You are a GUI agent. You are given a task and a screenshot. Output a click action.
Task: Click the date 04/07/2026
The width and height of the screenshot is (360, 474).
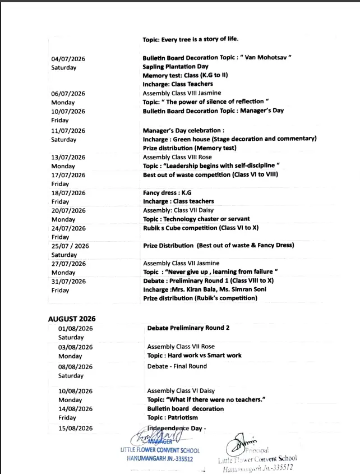(x=68, y=58)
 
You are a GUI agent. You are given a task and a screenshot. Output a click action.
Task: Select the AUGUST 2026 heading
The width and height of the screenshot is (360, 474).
(x=71, y=319)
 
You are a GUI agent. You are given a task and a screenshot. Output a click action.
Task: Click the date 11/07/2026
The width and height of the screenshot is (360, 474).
(x=68, y=131)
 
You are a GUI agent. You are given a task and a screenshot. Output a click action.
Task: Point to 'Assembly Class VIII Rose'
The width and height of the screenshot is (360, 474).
(x=177, y=158)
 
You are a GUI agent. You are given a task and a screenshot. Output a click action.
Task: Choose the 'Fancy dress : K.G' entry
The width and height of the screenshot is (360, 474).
(x=167, y=192)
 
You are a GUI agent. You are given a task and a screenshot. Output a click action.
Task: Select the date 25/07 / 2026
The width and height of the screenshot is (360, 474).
(x=70, y=246)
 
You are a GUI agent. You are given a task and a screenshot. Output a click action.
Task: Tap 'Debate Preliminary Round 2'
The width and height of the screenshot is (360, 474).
(x=188, y=328)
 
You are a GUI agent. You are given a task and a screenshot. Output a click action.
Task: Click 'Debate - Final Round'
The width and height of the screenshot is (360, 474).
(x=177, y=366)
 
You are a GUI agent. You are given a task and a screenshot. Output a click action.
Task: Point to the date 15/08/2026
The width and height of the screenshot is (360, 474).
(x=75, y=429)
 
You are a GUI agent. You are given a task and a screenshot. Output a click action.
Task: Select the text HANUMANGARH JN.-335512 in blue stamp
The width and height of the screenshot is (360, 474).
(x=160, y=458)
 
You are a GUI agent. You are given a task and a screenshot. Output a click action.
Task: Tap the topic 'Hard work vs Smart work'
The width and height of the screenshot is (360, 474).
(x=194, y=356)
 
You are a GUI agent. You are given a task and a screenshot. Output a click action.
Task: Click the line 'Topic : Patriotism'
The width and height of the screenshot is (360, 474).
(x=172, y=418)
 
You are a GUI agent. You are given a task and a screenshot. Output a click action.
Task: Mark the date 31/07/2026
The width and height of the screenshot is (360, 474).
(x=68, y=281)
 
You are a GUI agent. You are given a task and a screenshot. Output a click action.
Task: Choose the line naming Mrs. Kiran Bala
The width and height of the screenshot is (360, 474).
(x=204, y=289)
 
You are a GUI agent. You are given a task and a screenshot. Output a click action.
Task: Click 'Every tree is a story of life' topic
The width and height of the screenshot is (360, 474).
(x=191, y=39)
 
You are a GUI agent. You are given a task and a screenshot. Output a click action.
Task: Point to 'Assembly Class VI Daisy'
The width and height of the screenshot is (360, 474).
(x=181, y=391)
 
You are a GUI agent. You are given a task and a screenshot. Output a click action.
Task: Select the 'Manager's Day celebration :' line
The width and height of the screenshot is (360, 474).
(x=176, y=131)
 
